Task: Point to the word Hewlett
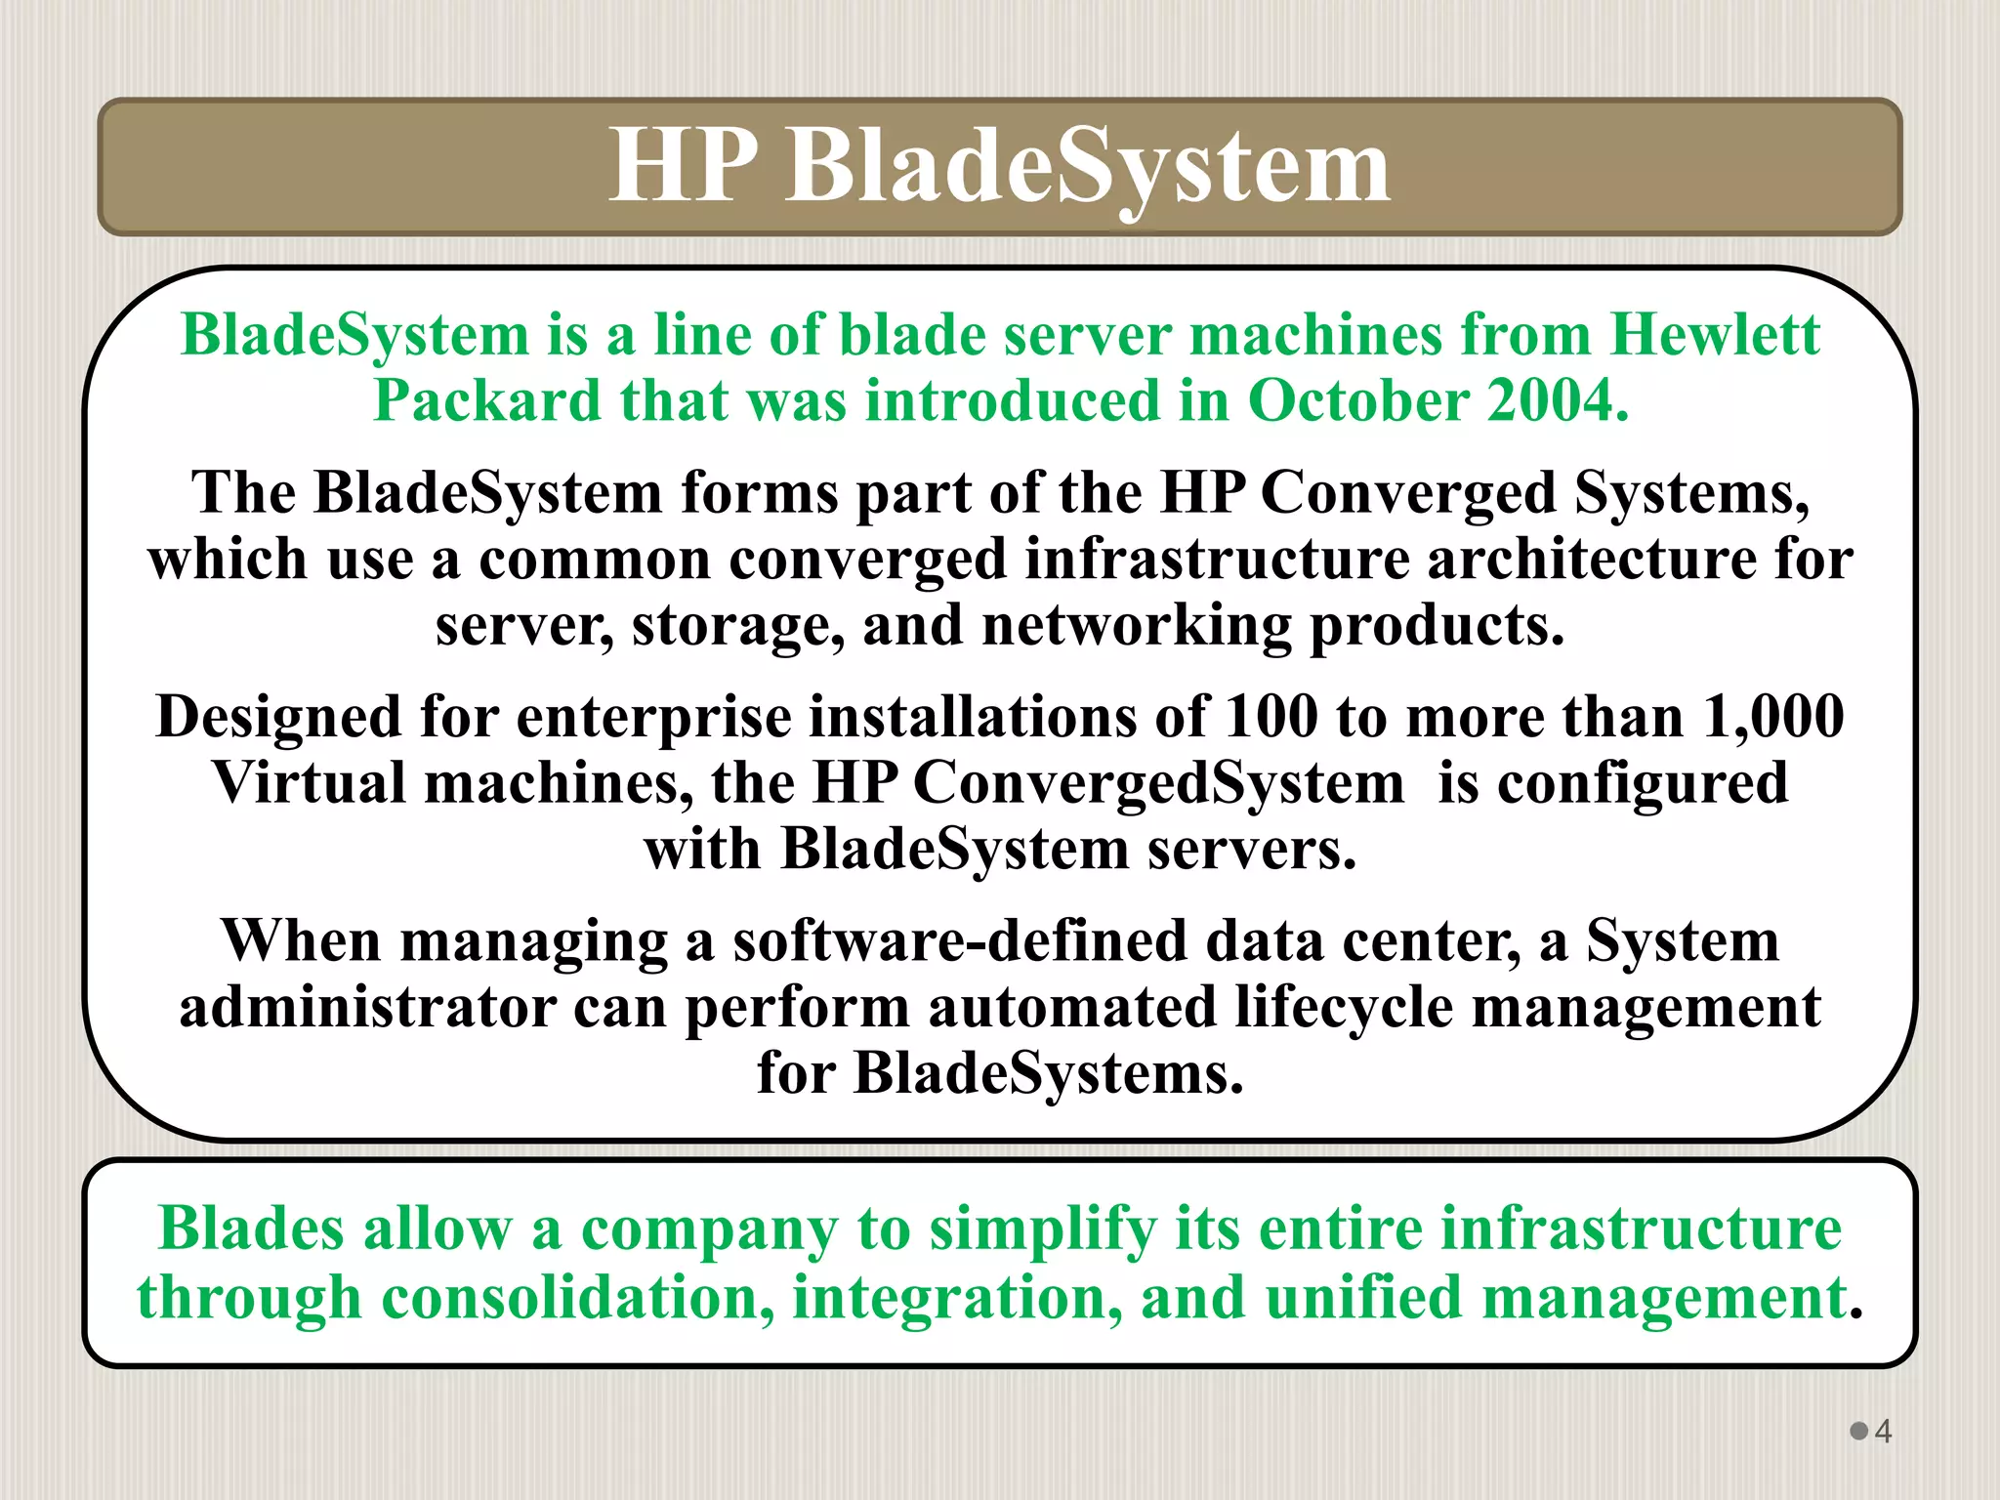1715,335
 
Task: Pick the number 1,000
1773,716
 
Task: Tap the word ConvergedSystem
1158,782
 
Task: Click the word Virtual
309,782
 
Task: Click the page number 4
1883,1432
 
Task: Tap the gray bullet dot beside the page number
1859,1431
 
